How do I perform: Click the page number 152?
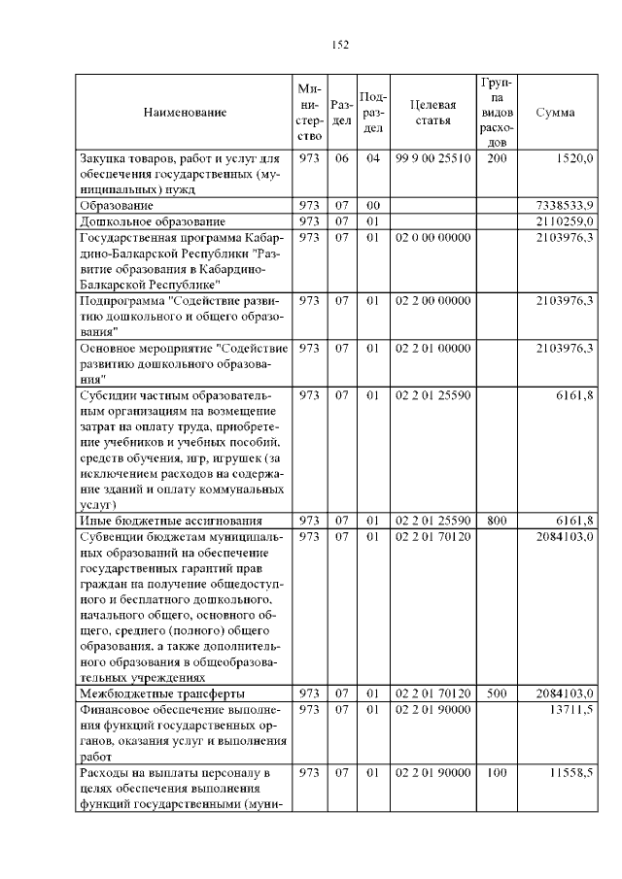(340, 45)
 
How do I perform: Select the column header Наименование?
(185, 113)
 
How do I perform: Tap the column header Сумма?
(555, 113)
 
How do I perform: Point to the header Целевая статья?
(432, 113)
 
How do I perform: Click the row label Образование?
(116, 206)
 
